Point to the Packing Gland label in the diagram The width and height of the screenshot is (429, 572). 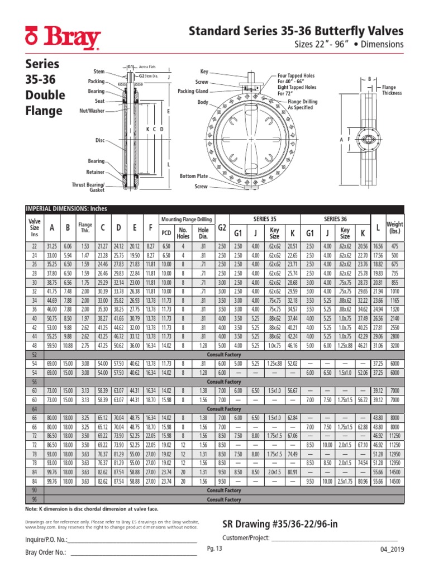(x=193, y=91)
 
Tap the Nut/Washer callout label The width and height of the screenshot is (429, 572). (x=92, y=111)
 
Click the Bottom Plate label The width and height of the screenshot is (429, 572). (x=194, y=176)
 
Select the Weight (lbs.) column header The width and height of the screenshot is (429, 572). (x=394, y=228)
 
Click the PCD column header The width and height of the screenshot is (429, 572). (x=166, y=233)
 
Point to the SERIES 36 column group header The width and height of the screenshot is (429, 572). (x=336, y=218)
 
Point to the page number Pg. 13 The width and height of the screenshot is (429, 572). (x=214, y=549)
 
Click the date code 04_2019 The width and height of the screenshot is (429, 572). (x=391, y=550)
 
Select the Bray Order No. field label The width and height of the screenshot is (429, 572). (x=46, y=552)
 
